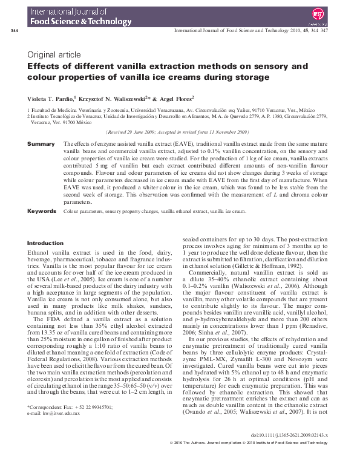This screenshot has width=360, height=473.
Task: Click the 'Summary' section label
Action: tap(41, 144)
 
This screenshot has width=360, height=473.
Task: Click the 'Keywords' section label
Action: tap(42, 211)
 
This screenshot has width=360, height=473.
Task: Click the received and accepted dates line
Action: tap(177, 131)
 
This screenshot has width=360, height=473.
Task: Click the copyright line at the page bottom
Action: tap(254, 460)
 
